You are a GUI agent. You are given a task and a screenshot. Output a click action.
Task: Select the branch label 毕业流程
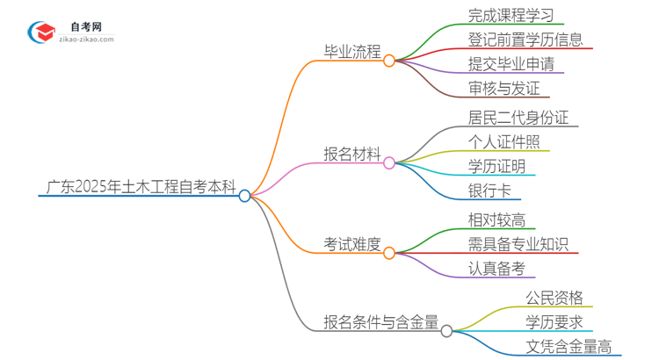351,53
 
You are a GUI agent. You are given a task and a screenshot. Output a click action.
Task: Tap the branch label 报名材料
351,155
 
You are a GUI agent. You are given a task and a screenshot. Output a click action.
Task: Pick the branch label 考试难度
351,245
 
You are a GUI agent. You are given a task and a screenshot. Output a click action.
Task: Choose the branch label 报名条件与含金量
381,321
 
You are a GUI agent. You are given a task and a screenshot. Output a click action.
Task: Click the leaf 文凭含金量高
568,346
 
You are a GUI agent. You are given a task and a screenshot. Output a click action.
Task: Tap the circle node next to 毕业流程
389,60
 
